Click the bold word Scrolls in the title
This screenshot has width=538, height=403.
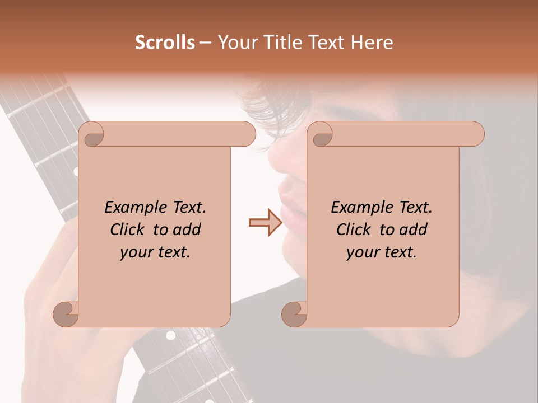pos(165,43)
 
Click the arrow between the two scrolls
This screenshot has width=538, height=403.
pos(266,222)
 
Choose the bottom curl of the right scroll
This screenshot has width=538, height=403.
pos(295,314)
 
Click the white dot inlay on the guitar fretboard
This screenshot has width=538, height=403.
pos(170,336)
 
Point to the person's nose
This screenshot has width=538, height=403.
pos(280,162)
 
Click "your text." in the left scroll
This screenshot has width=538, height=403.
pos(155,252)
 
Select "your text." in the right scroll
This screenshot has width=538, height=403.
pos(382,252)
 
